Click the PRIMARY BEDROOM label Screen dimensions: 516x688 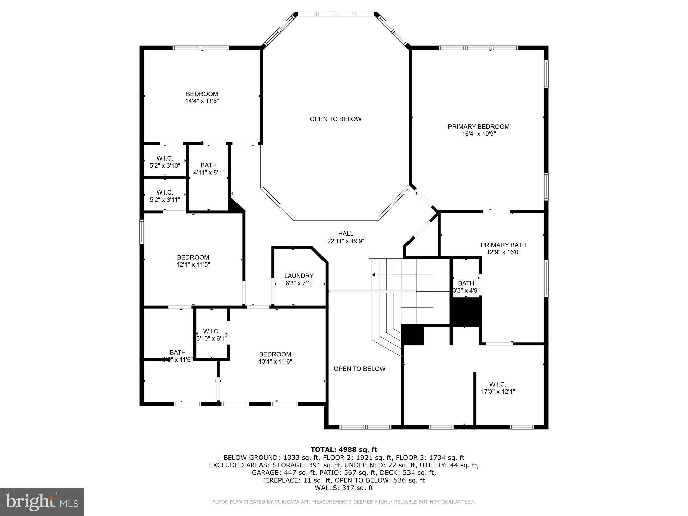point(478,127)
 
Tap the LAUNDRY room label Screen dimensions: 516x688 point(299,276)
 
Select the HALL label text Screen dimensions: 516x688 point(346,233)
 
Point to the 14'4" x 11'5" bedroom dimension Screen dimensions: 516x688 point(202,101)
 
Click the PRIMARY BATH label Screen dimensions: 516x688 point(503,245)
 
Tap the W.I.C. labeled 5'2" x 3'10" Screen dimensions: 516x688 point(165,162)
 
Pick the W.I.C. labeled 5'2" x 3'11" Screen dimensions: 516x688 point(165,196)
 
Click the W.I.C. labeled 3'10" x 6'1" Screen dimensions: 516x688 point(211,335)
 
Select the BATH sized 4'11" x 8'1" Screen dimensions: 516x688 point(208,169)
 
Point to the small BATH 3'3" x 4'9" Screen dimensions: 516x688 point(466,287)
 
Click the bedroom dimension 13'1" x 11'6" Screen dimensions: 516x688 point(275,361)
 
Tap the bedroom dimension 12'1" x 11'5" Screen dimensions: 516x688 point(193,264)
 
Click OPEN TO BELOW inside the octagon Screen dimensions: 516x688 point(336,119)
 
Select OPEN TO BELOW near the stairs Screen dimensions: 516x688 point(359,369)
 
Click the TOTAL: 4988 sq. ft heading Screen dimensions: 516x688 point(344,449)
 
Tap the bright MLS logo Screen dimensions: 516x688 point(42,502)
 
